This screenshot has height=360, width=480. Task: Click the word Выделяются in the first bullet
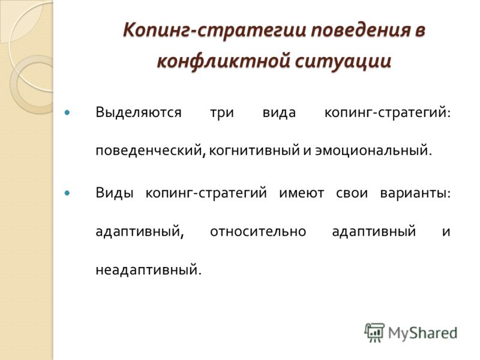click(139, 113)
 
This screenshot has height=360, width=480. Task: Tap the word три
click(222, 113)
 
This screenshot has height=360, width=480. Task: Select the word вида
click(279, 113)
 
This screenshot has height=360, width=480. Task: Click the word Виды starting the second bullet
click(115, 193)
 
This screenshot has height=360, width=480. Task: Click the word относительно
click(258, 232)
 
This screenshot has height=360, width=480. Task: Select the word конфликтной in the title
click(223, 61)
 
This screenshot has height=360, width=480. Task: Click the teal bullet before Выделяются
click(67, 113)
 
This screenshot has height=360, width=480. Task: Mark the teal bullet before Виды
click(67, 193)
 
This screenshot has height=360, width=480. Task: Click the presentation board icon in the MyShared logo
click(374, 332)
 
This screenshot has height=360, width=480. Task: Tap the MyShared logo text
click(422, 334)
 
